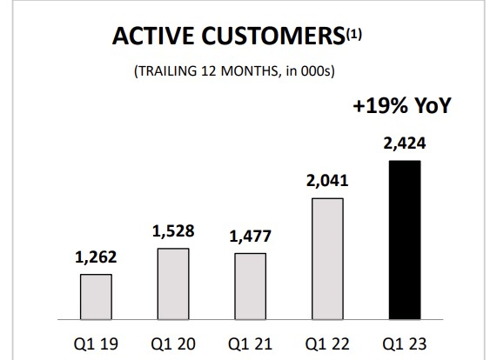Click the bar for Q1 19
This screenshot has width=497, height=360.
point(96,297)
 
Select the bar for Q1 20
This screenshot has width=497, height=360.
point(172,284)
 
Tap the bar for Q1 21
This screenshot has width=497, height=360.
point(250,287)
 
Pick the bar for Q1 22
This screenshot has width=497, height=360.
point(326,259)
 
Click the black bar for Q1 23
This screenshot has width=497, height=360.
point(404,240)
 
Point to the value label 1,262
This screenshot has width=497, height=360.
point(96,258)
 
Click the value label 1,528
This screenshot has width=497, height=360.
point(172,232)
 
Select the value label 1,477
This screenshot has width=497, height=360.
point(250,237)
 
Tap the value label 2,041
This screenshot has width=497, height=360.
point(326,181)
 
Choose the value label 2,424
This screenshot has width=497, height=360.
point(404,143)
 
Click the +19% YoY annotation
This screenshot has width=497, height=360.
point(403,110)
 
